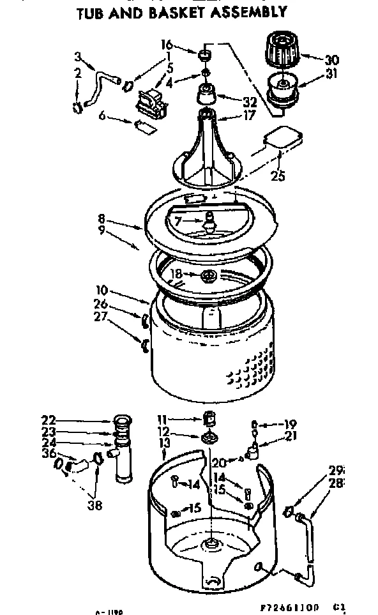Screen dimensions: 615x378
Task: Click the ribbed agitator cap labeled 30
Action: (282, 49)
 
